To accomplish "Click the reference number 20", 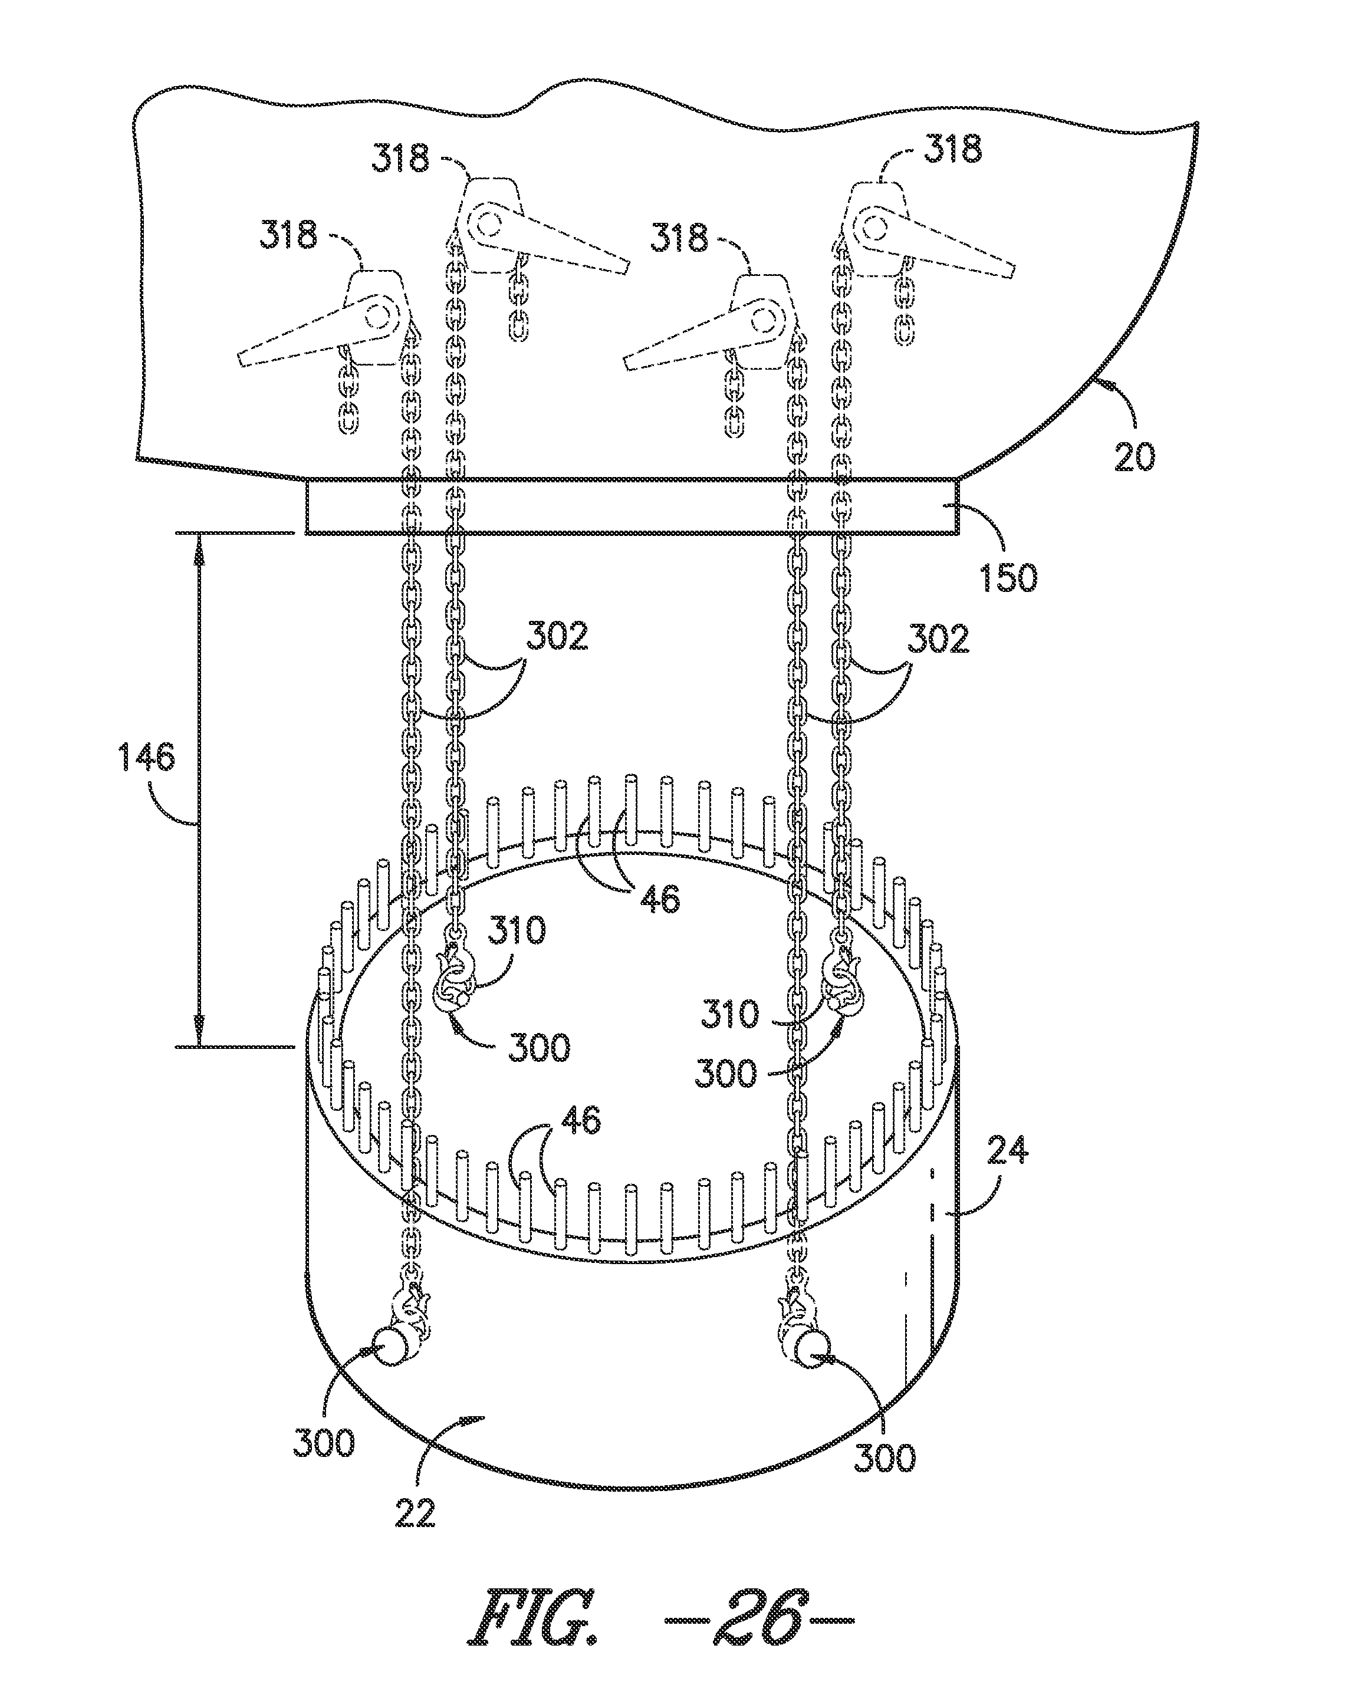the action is (x=1134, y=455).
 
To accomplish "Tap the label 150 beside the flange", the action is (x=1008, y=578).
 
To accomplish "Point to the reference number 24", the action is (x=1007, y=1152).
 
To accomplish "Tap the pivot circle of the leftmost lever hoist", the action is (x=378, y=317).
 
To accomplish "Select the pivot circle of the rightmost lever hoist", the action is (x=872, y=226).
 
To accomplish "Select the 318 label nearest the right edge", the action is (x=952, y=149).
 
